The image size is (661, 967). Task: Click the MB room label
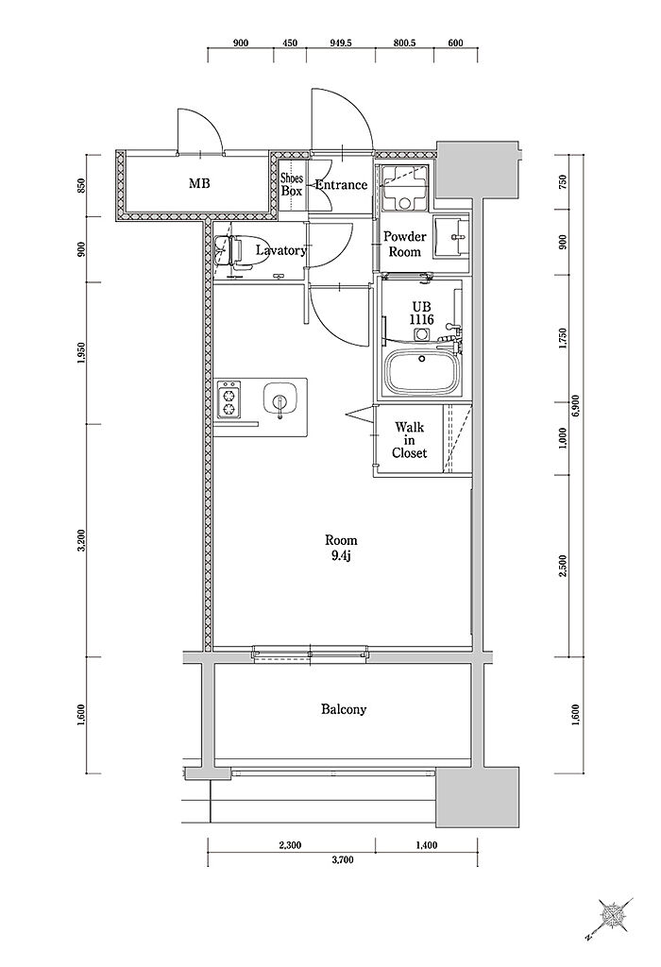tap(198, 183)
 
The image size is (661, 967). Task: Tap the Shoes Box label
tap(292, 184)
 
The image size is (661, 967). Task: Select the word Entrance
tap(341, 184)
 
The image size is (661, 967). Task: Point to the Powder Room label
tap(404, 245)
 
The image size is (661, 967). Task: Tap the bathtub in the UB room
tap(423, 372)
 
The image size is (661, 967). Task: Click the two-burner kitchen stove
tap(229, 399)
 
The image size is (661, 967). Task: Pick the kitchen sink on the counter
tap(280, 399)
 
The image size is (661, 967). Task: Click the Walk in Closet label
tap(410, 440)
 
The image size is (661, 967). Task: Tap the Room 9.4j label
tap(341, 547)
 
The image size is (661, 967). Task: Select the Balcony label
tap(344, 709)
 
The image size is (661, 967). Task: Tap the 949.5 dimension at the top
tap(340, 43)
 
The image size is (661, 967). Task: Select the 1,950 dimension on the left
tap(81, 353)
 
